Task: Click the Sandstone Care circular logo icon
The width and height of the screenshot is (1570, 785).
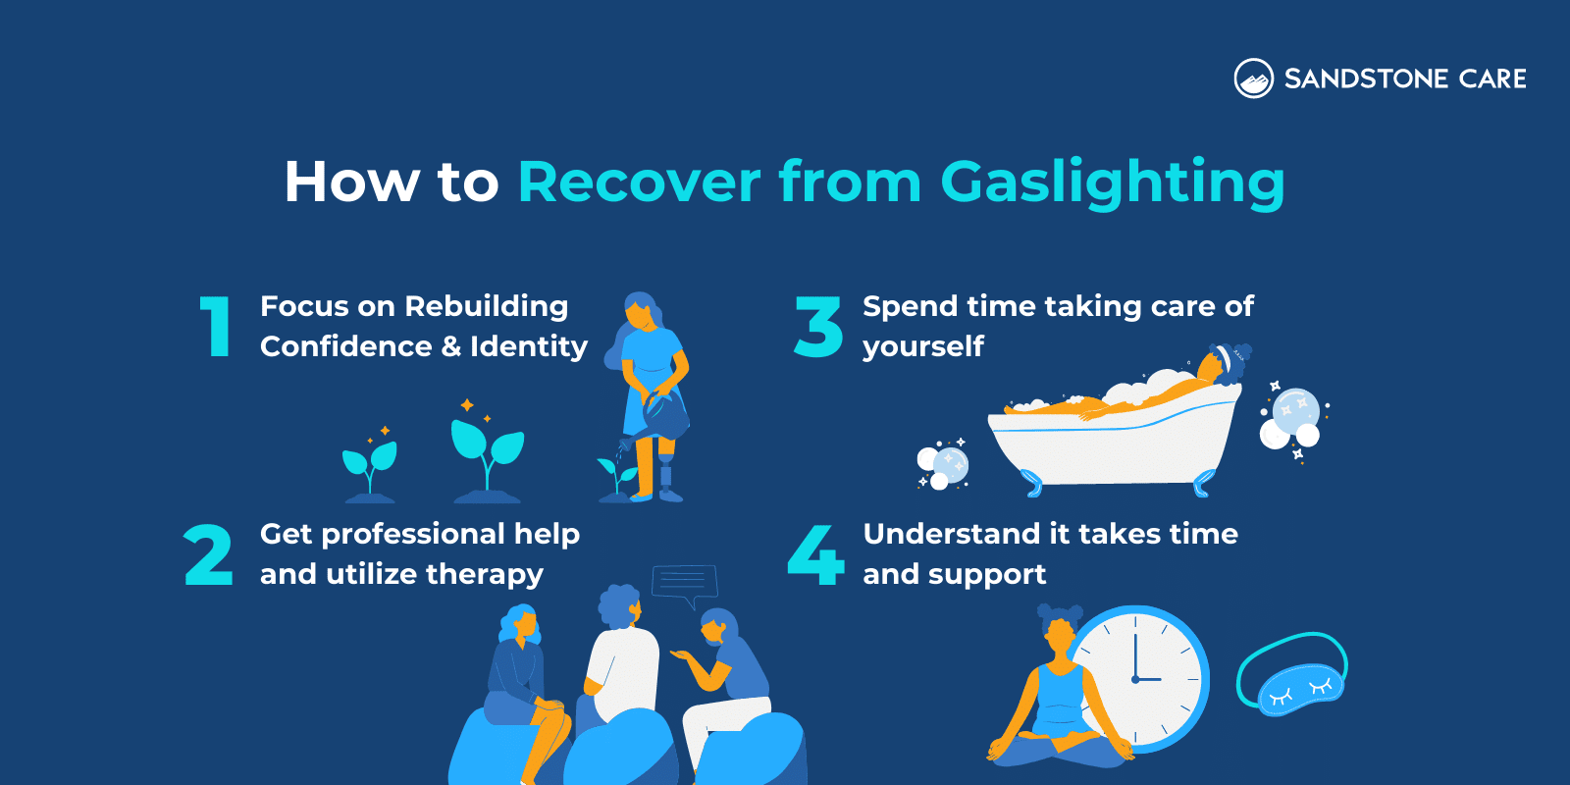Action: click(1253, 78)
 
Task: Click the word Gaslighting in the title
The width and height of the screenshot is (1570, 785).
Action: click(1112, 183)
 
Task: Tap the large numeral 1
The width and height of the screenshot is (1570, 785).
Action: click(216, 327)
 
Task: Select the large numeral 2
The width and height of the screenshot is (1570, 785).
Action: click(208, 555)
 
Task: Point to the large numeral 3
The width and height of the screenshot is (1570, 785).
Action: click(818, 327)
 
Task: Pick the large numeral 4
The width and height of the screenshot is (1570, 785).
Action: click(815, 555)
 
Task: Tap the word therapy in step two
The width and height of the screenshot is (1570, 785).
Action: click(484, 574)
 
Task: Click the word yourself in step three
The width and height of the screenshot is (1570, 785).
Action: click(922, 346)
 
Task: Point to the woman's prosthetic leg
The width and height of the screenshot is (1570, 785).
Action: click(668, 471)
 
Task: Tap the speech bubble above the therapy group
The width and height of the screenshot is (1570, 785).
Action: click(684, 583)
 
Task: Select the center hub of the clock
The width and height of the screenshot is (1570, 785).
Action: click(1135, 679)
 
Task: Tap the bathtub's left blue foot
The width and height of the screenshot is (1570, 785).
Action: click(1030, 481)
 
